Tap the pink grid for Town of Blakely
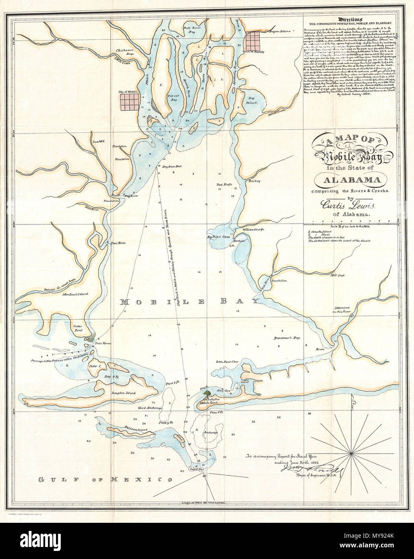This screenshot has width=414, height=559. coord(254,39)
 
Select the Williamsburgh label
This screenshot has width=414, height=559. coord(253,229)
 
